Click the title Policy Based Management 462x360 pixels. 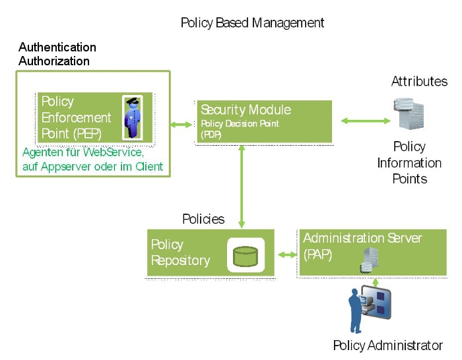(x=252, y=23)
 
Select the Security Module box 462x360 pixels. (x=264, y=121)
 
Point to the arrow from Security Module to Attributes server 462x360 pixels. (x=365, y=121)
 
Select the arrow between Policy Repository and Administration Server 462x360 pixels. (x=287, y=255)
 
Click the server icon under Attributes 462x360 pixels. (x=409, y=114)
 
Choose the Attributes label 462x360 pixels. (x=419, y=82)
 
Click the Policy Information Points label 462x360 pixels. (x=409, y=163)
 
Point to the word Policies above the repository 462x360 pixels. (x=203, y=219)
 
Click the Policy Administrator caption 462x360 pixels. (x=387, y=345)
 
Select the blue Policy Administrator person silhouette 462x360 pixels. (x=356, y=313)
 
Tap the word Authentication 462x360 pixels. (x=57, y=47)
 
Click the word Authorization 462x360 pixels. (x=54, y=61)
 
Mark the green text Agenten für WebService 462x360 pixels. (x=83, y=152)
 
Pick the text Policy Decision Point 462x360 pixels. (x=240, y=123)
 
